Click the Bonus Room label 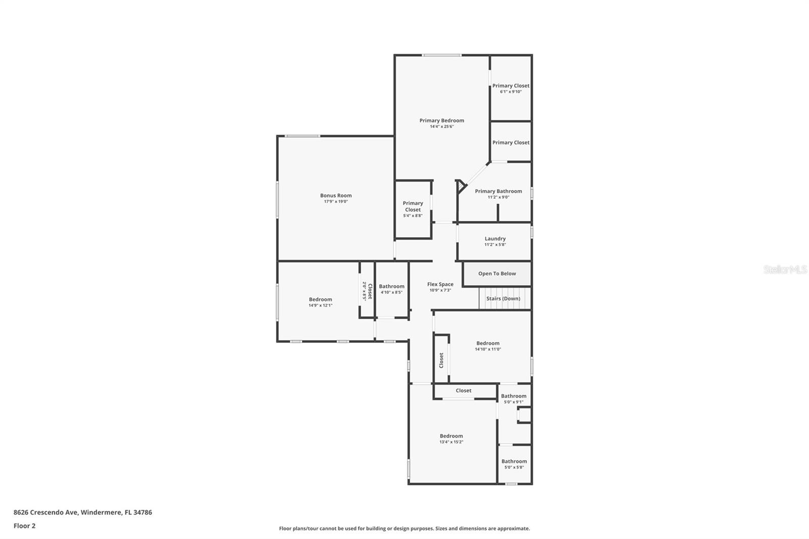(336, 196)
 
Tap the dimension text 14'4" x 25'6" (441, 126)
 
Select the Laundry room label (495, 239)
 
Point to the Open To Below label (497, 274)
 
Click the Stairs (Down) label (503, 298)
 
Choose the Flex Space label (440, 284)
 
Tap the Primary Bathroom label (498, 191)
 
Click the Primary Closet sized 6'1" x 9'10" (511, 86)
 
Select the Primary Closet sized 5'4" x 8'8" (413, 206)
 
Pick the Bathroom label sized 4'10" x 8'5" (391, 286)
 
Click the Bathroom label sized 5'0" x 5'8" (514, 461)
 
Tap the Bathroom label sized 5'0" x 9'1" (514, 396)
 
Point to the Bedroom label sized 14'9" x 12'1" (321, 299)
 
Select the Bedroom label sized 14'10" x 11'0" (487, 343)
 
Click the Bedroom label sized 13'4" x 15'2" (451, 436)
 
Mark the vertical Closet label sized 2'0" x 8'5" (370, 291)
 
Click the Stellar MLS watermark (785, 269)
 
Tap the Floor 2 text (24, 526)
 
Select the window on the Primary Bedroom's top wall (441, 55)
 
